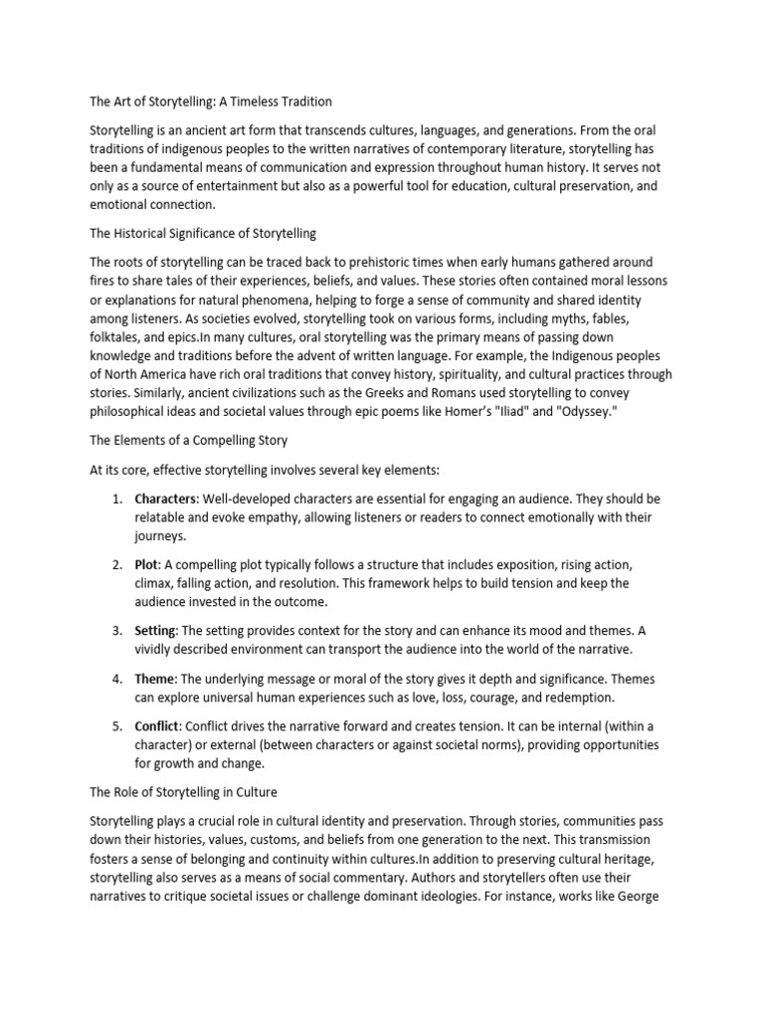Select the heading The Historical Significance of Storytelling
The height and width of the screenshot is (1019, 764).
coord(203,234)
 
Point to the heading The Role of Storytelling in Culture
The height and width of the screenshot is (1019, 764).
coord(184,793)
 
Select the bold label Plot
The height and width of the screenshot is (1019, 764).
coord(147,564)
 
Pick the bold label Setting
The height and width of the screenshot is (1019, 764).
coord(154,631)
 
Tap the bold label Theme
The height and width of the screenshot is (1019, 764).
coord(155,679)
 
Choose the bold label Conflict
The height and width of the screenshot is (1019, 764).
coord(158,726)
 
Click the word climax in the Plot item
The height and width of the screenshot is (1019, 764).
coord(156,583)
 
